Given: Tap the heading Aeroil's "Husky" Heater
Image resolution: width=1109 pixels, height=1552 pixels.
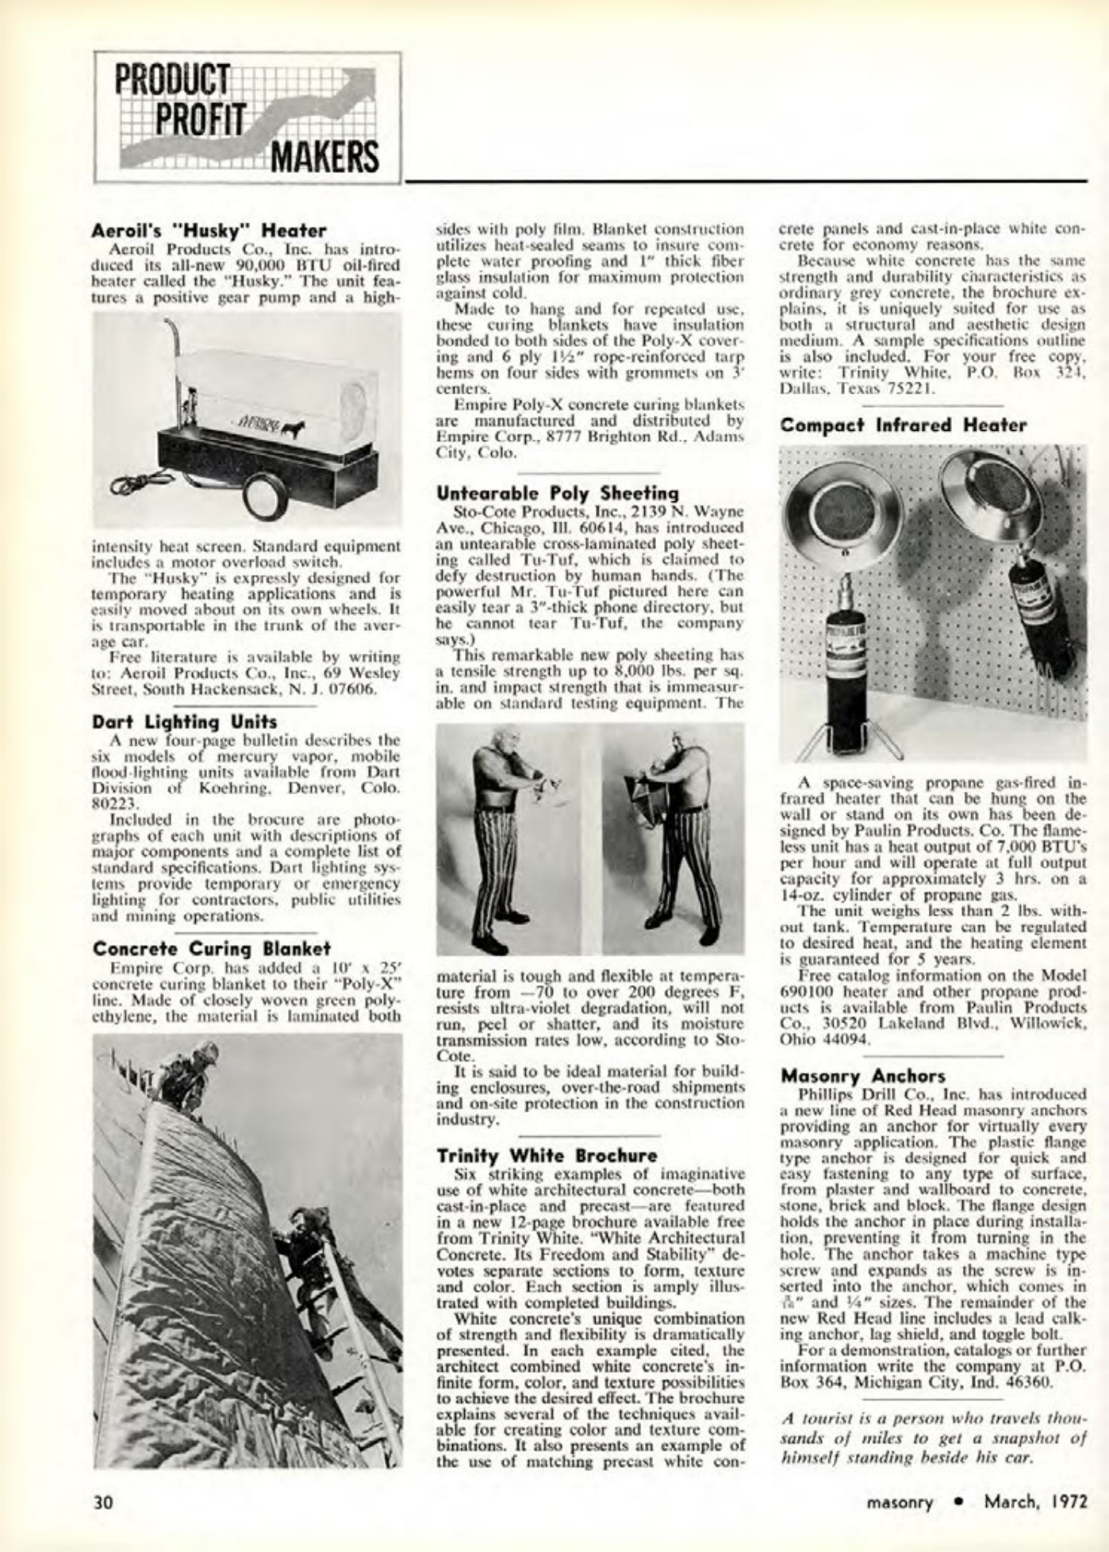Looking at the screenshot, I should click(209, 230).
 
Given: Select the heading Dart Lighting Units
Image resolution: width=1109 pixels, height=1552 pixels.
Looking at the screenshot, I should click(185, 722).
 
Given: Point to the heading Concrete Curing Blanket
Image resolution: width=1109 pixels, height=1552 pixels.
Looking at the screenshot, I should click(212, 948).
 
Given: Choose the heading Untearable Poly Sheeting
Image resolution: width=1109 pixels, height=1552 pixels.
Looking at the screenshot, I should click(558, 493).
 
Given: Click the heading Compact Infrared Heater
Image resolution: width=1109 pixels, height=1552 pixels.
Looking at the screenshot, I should click(904, 424).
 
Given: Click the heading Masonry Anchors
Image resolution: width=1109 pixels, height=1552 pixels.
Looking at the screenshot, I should click(862, 1076).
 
